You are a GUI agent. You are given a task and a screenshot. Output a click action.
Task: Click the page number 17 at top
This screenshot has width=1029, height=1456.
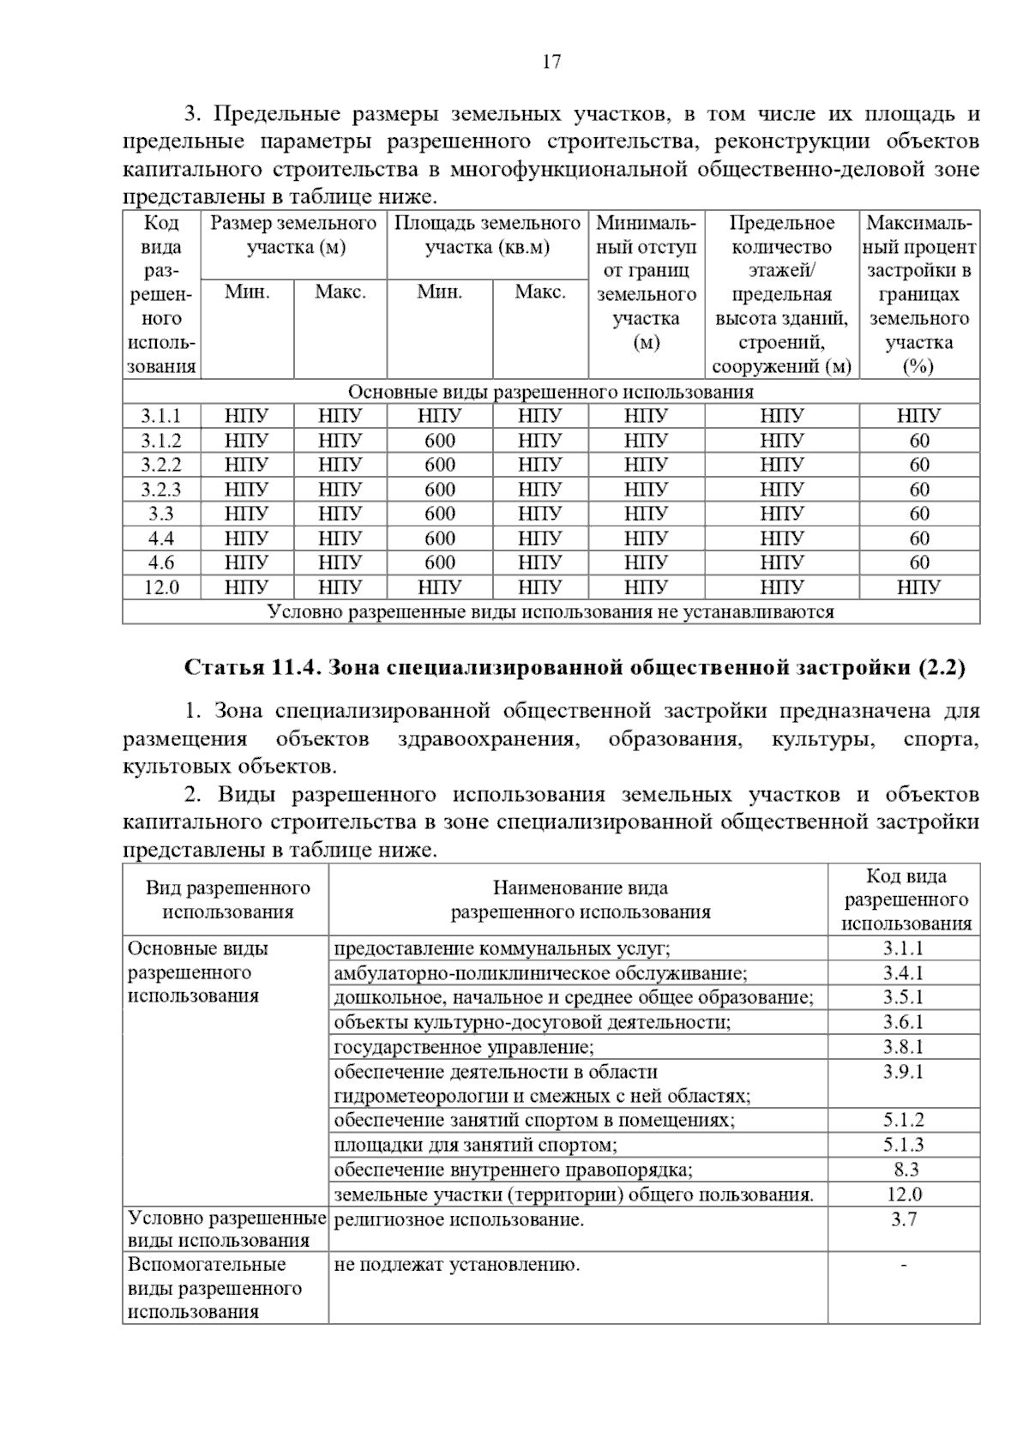point(551,61)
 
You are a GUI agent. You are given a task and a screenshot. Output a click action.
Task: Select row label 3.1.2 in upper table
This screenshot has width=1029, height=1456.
point(161,441)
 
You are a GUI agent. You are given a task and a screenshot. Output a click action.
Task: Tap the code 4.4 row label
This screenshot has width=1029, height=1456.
point(161,538)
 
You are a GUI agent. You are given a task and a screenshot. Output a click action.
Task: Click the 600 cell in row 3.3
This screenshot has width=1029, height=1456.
point(440,514)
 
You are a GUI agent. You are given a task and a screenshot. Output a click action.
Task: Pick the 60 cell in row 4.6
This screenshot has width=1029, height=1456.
point(919,563)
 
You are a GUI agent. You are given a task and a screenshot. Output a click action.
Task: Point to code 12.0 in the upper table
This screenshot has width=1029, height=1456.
point(161,587)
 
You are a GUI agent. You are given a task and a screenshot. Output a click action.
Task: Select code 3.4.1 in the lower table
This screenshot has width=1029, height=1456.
point(903,973)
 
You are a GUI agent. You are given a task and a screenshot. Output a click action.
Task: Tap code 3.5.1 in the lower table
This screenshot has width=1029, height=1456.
point(903,997)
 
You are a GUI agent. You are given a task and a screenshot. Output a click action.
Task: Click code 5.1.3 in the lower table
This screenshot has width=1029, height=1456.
point(903,1145)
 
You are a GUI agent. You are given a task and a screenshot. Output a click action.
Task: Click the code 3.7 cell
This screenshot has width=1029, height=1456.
point(904,1219)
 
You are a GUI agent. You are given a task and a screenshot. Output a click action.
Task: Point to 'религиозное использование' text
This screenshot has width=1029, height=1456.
point(459,1219)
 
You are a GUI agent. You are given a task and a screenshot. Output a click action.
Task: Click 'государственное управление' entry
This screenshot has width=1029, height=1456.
point(463,1047)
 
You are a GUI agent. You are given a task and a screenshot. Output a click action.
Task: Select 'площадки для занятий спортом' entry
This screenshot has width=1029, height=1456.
point(475,1145)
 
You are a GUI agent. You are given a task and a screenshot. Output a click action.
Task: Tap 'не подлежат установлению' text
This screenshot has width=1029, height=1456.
point(456,1264)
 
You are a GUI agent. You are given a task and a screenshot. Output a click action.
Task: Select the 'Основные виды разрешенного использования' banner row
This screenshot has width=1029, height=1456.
point(551,392)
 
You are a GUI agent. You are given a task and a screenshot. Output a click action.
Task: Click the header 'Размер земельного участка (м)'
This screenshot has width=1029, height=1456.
point(294,236)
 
